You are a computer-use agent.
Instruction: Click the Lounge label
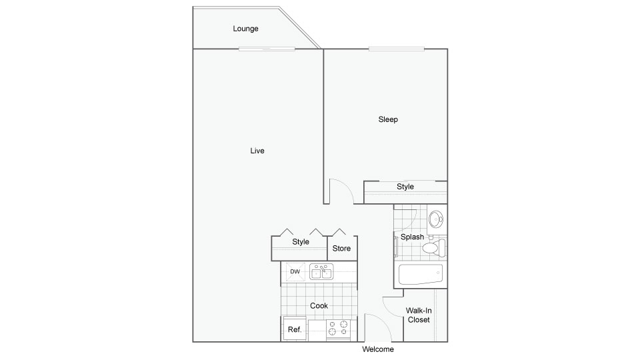click(245, 29)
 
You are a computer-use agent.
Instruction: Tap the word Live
click(257, 151)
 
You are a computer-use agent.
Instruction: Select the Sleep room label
click(388, 119)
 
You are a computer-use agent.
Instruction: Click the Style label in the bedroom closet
click(405, 187)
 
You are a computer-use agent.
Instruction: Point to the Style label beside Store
click(301, 241)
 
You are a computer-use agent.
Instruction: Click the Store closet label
click(341, 248)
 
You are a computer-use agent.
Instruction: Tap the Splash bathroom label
click(412, 237)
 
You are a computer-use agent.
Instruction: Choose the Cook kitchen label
click(319, 305)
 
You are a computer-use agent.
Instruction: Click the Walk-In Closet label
click(419, 315)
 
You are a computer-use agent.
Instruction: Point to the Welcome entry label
click(378, 349)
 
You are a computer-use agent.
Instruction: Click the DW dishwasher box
click(295, 272)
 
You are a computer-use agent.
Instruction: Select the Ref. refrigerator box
click(295, 329)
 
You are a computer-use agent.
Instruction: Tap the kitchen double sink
click(321, 271)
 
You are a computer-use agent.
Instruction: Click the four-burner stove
click(339, 329)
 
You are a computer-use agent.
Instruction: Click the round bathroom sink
click(436, 219)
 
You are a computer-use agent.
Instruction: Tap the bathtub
click(421, 275)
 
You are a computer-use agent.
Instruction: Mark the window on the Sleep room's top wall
click(396, 49)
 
